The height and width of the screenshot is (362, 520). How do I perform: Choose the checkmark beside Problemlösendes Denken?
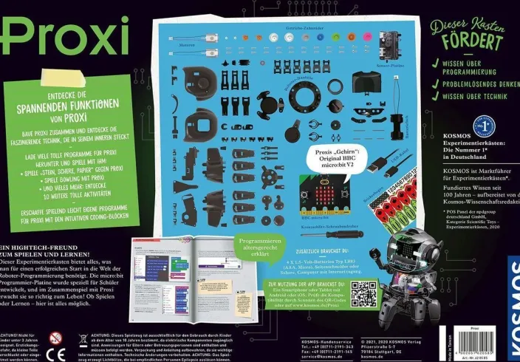coord(437,83)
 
